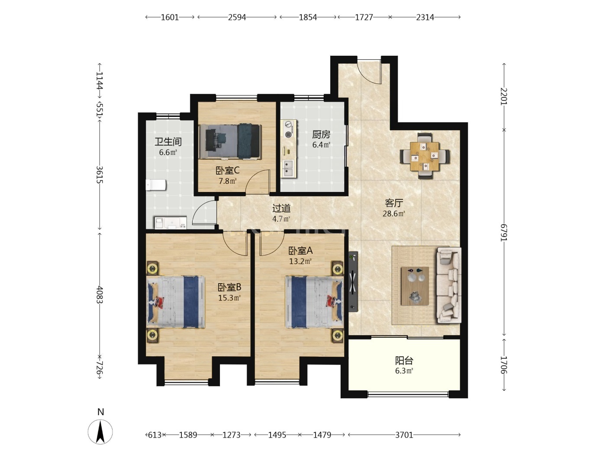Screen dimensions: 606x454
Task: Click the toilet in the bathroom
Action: (x=156, y=185)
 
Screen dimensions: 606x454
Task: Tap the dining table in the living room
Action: (x=424, y=156)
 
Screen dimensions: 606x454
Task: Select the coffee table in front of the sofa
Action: (x=415, y=286)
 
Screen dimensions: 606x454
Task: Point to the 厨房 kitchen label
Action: (x=321, y=134)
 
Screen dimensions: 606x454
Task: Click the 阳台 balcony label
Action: (x=404, y=360)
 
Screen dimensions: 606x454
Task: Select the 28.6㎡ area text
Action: (x=394, y=214)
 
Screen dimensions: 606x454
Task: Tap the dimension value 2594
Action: (x=237, y=17)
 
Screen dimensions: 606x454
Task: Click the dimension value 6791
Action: (x=504, y=233)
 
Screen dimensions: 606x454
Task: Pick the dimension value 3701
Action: (x=404, y=435)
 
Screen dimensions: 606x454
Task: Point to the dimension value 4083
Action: (x=100, y=295)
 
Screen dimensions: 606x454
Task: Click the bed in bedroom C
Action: (x=230, y=141)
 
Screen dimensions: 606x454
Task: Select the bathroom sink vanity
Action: (x=171, y=223)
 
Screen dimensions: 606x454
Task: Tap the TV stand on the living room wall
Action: (x=353, y=281)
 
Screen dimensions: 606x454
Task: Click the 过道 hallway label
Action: (x=281, y=208)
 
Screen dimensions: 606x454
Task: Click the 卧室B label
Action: (x=229, y=287)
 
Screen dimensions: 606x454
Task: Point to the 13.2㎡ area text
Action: (x=300, y=261)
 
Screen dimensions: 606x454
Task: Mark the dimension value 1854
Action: (x=308, y=17)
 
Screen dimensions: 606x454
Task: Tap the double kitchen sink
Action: (x=288, y=169)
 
